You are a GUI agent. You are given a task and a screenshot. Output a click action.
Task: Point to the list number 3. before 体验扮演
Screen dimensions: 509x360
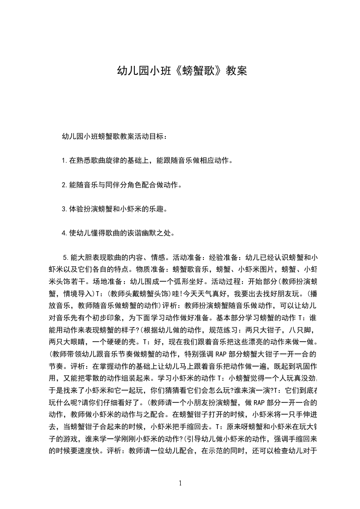pos(65,209)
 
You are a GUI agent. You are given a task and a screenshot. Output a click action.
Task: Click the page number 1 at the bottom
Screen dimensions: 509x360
pos(180,484)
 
